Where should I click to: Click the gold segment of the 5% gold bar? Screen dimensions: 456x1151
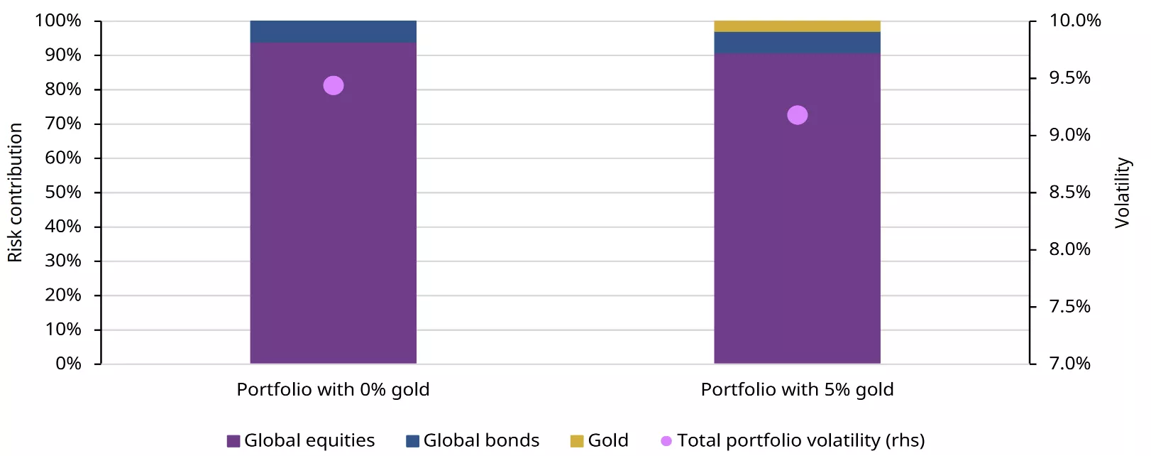tap(797, 26)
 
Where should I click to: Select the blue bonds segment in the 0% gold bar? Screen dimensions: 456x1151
tap(333, 31)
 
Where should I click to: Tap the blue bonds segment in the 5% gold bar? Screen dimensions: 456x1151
tap(797, 43)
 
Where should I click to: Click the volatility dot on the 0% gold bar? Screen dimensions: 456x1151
tap(334, 86)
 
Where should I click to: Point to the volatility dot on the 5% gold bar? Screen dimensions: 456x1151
tap(798, 115)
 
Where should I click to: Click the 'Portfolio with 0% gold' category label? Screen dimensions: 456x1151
tap(333, 390)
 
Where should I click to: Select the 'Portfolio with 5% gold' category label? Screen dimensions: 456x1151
tap(797, 390)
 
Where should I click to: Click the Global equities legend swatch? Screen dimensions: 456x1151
tap(233, 441)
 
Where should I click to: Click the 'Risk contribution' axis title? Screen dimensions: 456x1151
tap(16, 192)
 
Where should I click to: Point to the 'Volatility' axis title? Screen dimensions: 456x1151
tap(1122, 192)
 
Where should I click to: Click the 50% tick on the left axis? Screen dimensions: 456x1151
tap(63, 192)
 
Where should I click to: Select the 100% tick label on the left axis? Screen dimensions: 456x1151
tap(58, 21)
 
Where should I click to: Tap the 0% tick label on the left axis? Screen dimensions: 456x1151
tap(68, 364)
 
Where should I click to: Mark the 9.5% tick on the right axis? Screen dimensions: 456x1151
tap(1069, 78)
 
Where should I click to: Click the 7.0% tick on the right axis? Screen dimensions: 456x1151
tap(1069, 364)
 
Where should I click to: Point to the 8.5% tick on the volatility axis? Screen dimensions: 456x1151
tap(1069, 192)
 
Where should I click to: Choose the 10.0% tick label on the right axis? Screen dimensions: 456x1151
tap(1074, 21)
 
